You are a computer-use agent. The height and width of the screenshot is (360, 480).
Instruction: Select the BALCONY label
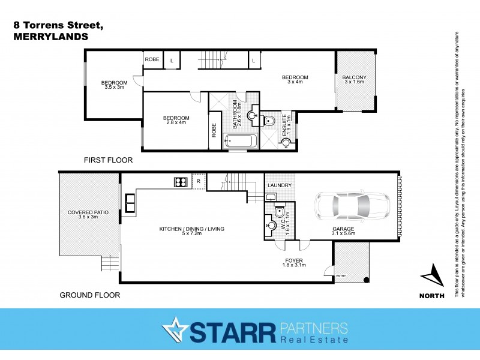[x=354, y=77]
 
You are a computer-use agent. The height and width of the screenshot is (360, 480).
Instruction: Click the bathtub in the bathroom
[x=240, y=142]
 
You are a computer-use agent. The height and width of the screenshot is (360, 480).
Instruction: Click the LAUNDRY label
[x=279, y=185]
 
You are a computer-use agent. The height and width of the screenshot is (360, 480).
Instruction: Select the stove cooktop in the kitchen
[x=179, y=181]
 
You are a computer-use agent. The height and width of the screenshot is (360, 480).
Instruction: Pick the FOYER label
[x=293, y=260]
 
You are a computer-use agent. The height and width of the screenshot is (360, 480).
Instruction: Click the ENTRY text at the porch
[x=341, y=276]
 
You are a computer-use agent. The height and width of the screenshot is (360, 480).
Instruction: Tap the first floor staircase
[x=212, y=59]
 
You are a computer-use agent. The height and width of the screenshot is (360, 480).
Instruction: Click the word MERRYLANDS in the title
[x=50, y=37]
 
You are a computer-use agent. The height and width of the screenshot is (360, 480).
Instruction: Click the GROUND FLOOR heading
[x=89, y=295]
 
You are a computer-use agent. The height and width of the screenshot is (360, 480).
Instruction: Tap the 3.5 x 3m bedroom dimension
[x=113, y=87]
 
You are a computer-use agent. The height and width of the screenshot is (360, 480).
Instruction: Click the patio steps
[x=111, y=263]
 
